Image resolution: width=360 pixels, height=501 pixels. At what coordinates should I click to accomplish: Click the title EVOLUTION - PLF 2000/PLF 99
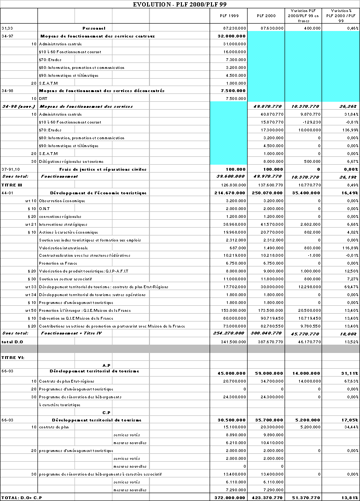click(180, 4)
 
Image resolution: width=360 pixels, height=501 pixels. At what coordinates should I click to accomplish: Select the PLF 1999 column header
click(229, 16)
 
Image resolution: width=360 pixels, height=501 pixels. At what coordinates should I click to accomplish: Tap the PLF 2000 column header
click(266, 16)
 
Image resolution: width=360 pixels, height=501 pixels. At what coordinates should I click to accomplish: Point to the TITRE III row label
click(9, 185)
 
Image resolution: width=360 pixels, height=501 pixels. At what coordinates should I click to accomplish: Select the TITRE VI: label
click(10, 357)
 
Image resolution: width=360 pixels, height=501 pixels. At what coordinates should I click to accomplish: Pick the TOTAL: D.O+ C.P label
click(19, 497)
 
